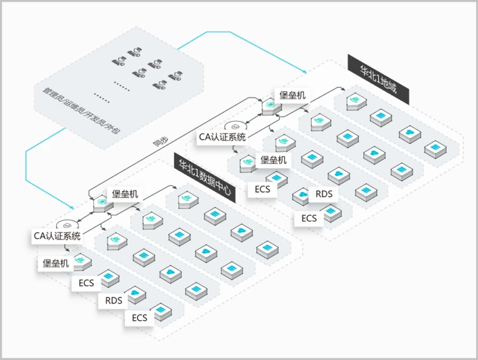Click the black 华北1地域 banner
coord(379,79)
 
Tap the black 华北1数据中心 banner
coord(205,177)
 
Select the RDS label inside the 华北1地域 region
coord(324,194)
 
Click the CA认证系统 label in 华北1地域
coord(222,137)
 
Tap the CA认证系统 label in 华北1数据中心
coord(57,236)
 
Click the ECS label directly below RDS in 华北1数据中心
coord(139,318)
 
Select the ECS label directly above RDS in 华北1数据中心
coord(87,283)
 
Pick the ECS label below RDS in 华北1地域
coord(309,218)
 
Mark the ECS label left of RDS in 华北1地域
coord(263,188)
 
